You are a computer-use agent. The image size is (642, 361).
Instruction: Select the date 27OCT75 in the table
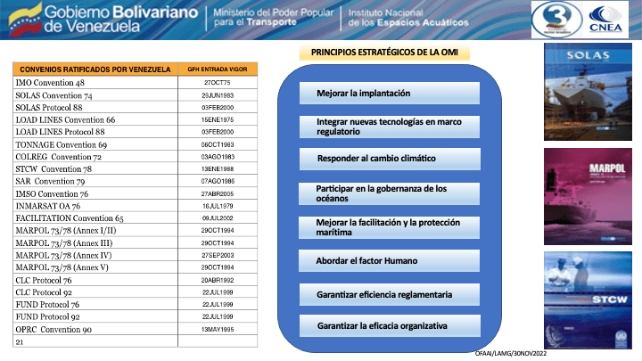[218, 81]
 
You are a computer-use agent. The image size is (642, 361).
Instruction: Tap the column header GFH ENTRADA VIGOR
[218, 68]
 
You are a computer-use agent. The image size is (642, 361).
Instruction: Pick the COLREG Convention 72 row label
[59, 155]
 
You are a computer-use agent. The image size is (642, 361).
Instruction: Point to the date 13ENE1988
[218, 168]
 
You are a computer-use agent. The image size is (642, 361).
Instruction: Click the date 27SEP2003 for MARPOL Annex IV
[218, 254]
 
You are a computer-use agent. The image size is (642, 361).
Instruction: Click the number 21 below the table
[20, 341]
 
